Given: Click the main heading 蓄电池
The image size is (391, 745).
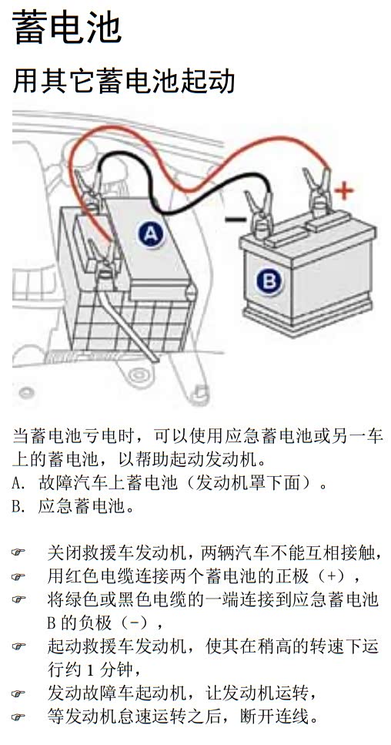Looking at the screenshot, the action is tap(67, 28).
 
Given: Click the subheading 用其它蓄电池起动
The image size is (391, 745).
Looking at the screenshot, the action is tap(123, 82).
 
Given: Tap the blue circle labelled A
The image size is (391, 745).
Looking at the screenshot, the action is tap(150, 233).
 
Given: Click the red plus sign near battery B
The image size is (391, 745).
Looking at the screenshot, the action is tap(344, 191).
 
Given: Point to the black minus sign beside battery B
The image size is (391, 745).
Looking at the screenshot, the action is tap(236, 219).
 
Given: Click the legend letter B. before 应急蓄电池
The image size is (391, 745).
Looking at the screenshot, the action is tap(18, 508).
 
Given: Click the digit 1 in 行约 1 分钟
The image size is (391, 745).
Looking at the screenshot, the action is tap(91, 671).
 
